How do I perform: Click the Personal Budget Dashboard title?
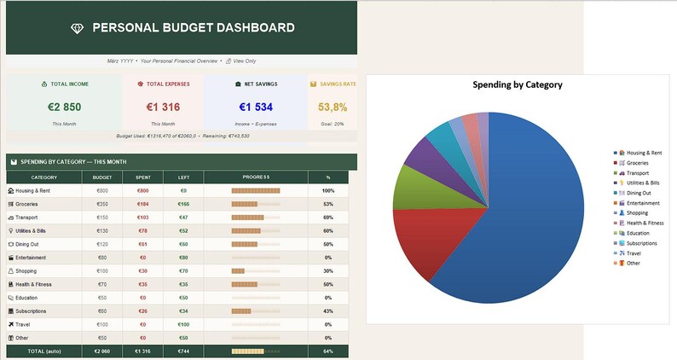pyautogui.click(x=193, y=28)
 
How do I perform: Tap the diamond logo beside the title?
pyautogui.click(x=78, y=28)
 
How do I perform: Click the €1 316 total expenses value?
pyautogui.click(x=162, y=107)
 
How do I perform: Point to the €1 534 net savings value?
pyautogui.click(x=256, y=107)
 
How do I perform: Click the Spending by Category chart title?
pyautogui.click(x=517, y=84)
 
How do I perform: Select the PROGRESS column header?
pyautogui.click(x=256, y=177)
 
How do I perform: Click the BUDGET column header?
pyautogui.click(x=102, y=177)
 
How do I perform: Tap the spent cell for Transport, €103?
pyautogui.click(x=142, y=218)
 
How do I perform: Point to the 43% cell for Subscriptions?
pyautogui.click(x=327, y=311)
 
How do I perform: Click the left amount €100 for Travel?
pyautogui.click(x=183, y=324)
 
